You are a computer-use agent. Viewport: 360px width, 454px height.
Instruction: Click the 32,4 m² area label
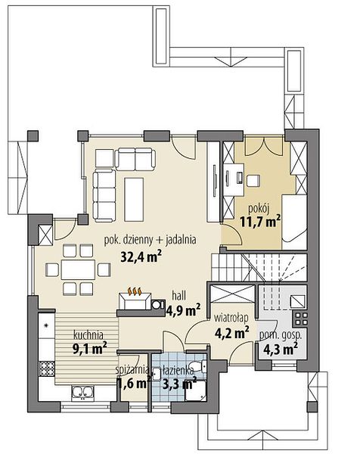[141, 257]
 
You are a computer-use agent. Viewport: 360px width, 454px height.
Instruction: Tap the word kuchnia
[88, 335]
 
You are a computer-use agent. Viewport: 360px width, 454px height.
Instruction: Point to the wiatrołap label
[231, 318]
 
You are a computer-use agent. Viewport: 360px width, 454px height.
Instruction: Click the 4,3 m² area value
[281, 349]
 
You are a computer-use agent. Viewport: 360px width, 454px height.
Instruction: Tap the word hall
[178, 296]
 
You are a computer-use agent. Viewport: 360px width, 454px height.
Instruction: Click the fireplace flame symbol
[135, 291]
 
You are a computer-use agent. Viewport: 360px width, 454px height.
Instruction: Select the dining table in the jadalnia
[78, 269]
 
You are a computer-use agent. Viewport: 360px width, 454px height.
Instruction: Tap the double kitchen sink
[83, 392]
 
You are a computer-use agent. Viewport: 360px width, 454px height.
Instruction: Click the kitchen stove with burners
[47, 368]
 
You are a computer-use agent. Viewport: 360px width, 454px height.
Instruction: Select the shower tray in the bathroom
[196, 391]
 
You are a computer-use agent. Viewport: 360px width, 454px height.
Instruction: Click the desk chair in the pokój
[253, 181]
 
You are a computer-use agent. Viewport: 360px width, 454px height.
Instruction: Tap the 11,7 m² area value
[260, 222]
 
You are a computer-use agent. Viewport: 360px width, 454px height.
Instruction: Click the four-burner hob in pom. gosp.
[300, 319]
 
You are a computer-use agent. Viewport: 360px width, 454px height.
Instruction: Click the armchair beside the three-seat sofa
[104, 158]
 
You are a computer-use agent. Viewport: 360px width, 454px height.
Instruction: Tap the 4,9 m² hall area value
[183, 309]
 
